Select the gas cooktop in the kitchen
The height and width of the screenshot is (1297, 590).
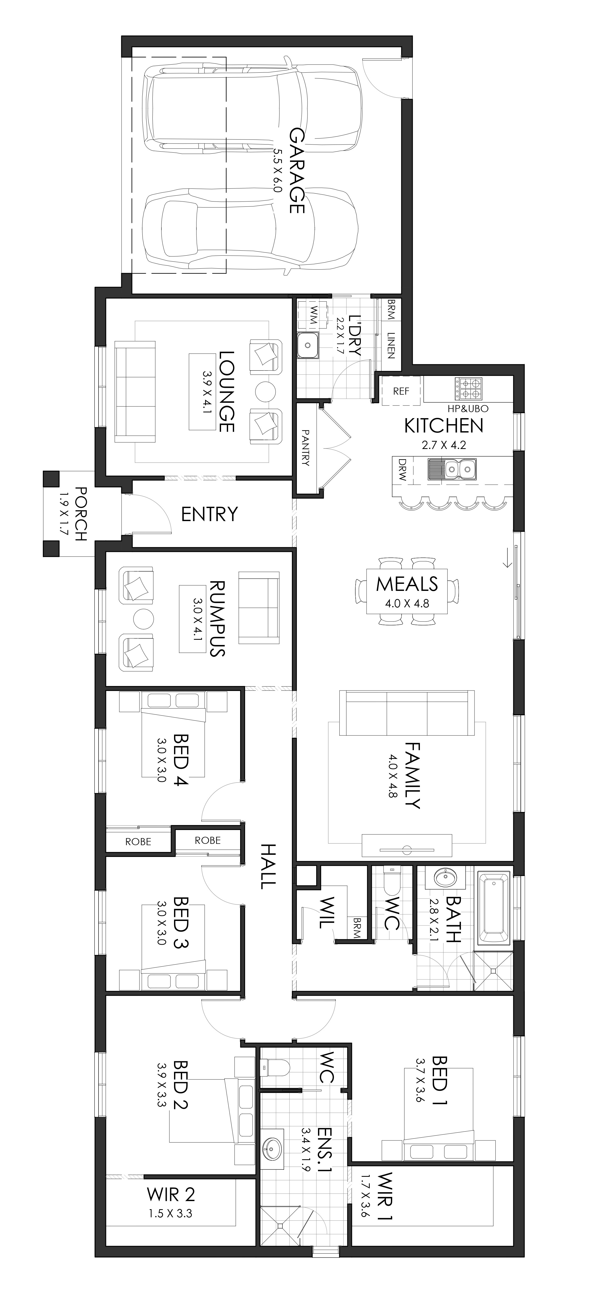tap(468, 389)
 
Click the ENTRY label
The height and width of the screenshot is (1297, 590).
tap(209, 514)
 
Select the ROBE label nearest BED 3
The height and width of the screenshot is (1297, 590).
tap(207, 840)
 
